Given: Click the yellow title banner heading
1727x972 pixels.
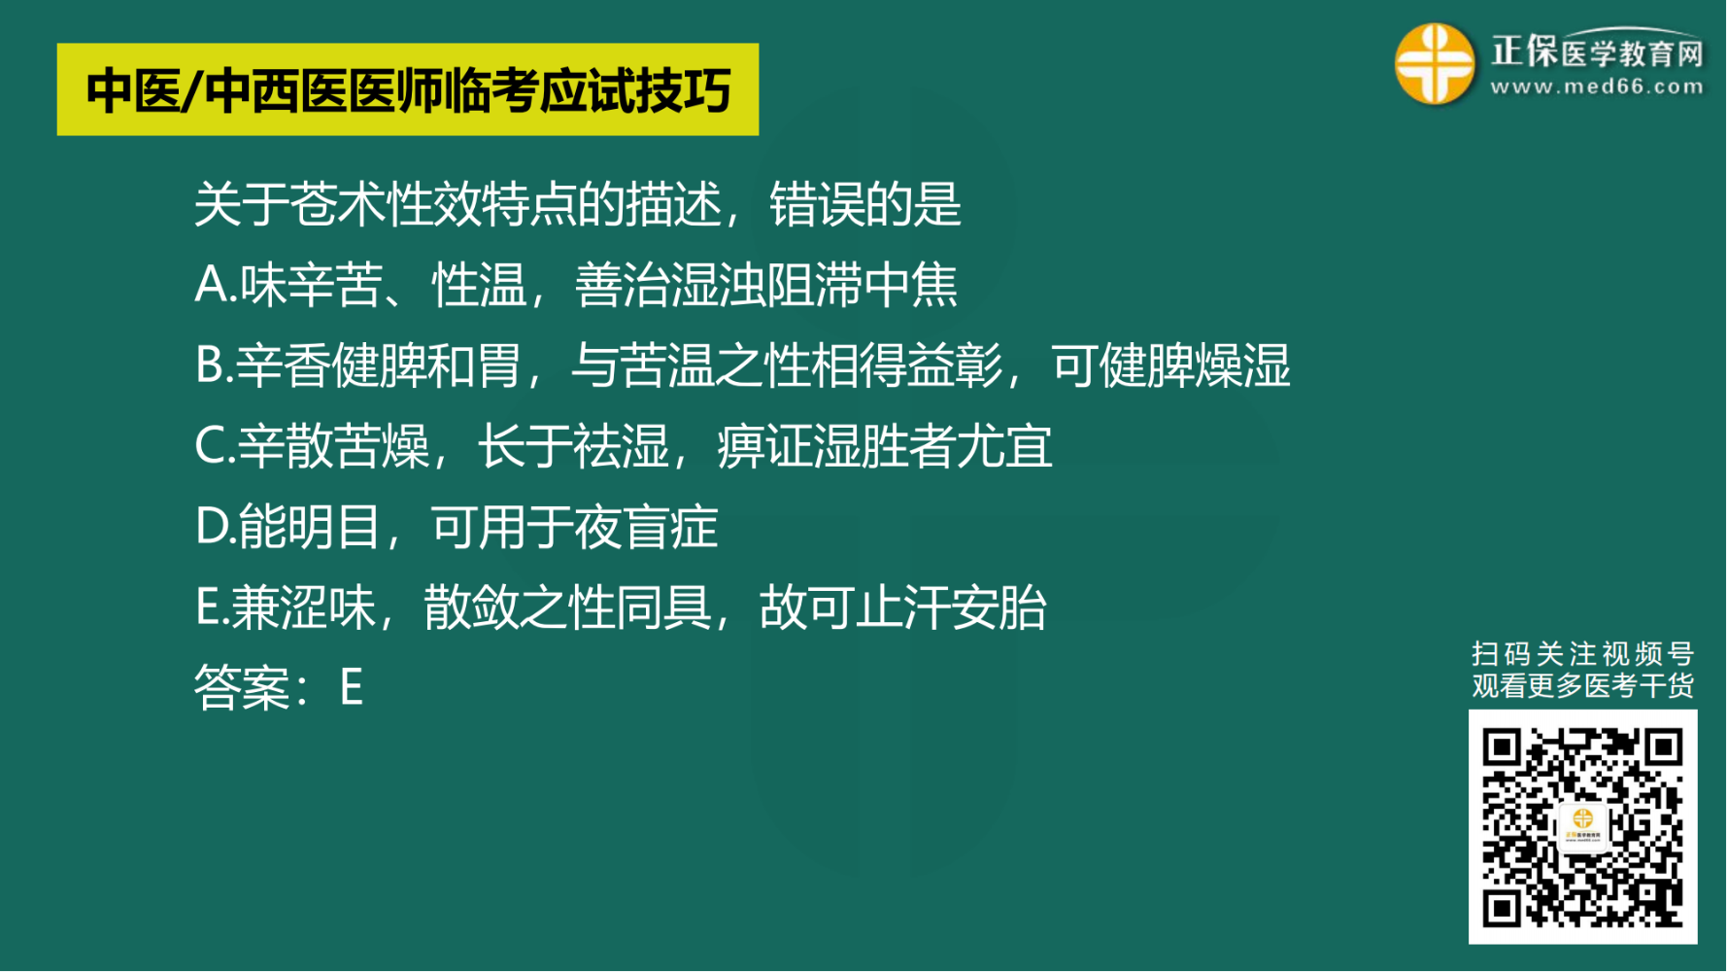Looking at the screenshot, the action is coord(408,89).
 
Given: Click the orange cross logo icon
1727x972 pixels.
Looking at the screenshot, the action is coord(1435,64).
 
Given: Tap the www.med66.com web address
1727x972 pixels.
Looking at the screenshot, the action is coord(1597,87).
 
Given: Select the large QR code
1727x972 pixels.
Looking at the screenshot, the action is coord(1583,827).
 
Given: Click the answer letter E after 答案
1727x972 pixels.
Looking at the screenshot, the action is coord(352,687).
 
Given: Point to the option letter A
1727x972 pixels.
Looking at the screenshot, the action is coord(212,285).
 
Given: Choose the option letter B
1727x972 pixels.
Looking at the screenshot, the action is coord(210,365).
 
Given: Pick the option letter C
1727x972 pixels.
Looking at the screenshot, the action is coord(211,446).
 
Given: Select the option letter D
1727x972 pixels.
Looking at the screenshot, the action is coord(212,527).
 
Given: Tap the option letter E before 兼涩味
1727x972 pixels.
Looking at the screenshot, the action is coord(208,607).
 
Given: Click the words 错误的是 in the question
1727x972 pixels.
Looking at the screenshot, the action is coord(865,204).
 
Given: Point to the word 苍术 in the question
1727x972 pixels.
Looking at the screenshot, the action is coord(337,204).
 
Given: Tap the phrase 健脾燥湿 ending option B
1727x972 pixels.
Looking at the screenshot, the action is coord(1195,365).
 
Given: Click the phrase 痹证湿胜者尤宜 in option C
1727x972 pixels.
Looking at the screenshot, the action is coord(885,446).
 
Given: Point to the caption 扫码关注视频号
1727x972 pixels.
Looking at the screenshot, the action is coord(1583,654).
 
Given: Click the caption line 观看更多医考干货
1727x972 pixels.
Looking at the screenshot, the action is coord(1583,686).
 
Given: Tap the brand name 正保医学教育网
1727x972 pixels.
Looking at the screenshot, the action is coord(1597,52).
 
